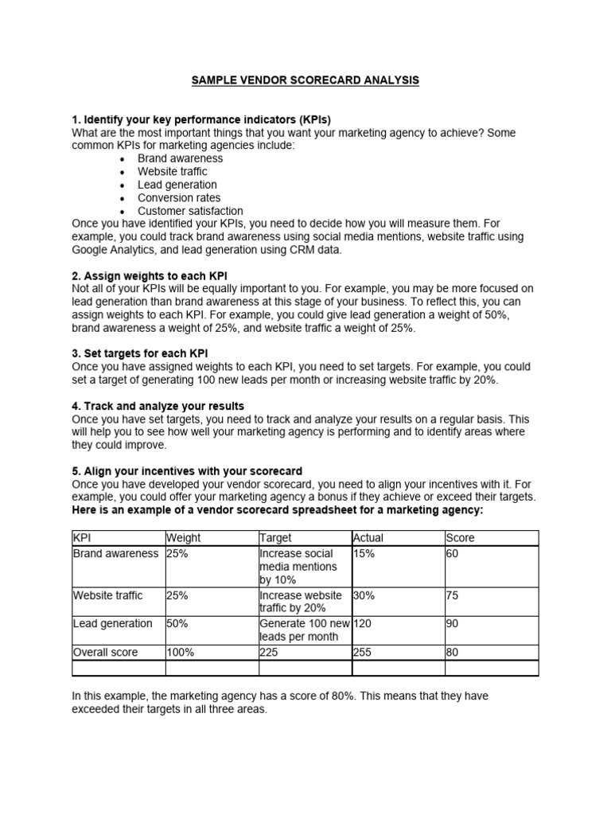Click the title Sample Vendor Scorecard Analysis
(x=305, y=81)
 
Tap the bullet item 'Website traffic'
(x=172, y=171)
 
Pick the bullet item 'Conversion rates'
(x=179, y=197)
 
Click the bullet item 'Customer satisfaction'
(x=190, y=211)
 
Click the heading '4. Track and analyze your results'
(x=158, y=406)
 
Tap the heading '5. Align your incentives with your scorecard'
(x=187, y=471)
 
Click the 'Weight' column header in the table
(x=183, y=538)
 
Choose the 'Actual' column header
(x=368, y=538)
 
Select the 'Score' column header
(x=459, y=538)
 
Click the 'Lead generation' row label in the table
(x=112, y=623)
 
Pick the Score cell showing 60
(x=453, y=553)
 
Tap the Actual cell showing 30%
(x=364, y=595)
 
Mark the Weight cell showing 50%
(x=177, y=623)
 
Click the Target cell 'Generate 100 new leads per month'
(x=304, y=630)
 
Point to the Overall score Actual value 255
(x=363, y=652)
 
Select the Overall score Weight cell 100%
(x=180, y=652)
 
